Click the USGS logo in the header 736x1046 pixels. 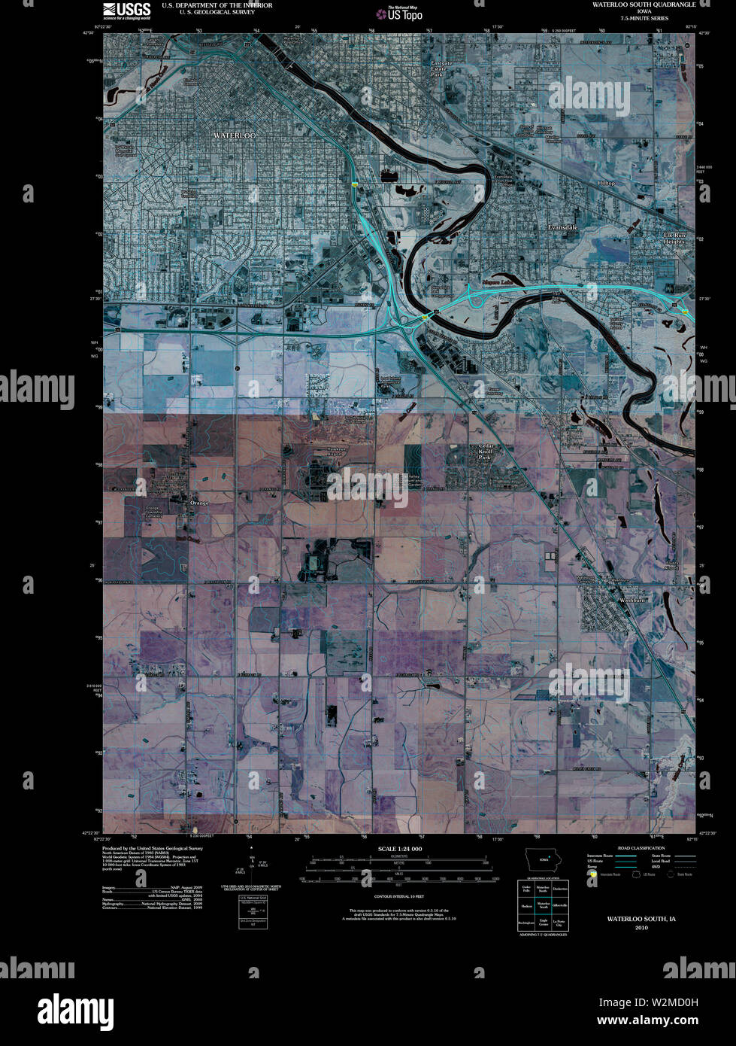coord(126,9)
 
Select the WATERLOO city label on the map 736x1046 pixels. coord(235,135)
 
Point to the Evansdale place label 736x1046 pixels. coord(562,227)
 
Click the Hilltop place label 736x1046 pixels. coord(606,183)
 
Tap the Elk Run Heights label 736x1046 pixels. coord(674,239)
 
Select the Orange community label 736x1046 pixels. coord(198,502)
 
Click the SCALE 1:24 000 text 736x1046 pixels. coord(399,849)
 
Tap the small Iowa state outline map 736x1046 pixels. coord(542,859)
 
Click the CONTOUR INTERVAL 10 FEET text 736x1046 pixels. coord(398,897)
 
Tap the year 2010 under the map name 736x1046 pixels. coord(641,928)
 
